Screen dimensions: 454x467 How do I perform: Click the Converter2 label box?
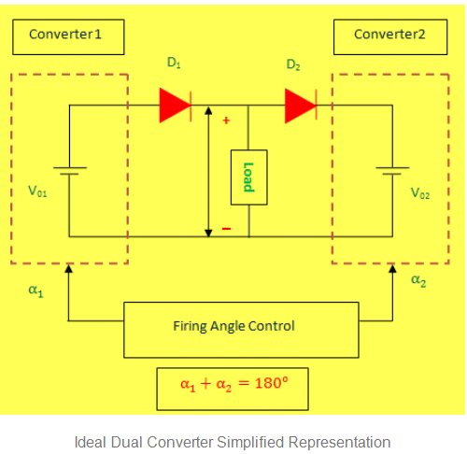click(389, 35)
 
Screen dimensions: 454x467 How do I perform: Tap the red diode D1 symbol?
click(175, 106)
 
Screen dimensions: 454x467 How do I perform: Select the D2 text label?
click(293, 64)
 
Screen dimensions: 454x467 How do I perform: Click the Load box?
click(248, 177)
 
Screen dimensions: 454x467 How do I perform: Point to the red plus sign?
click(225, 121)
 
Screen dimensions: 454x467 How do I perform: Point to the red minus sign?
click(225, 228)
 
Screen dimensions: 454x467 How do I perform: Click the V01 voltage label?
click(37, 192)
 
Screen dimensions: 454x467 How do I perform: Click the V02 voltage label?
click(421, 193)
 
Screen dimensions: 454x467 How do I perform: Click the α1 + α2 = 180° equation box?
click(231, 384)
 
